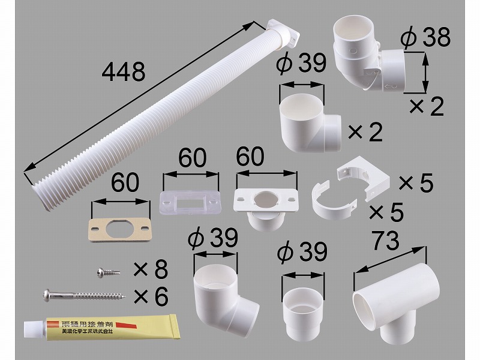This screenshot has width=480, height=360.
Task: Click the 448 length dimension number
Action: tap(124, 71)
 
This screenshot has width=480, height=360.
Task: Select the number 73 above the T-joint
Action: tap(386, 241)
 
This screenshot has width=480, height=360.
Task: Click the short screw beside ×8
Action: tap(109, 272)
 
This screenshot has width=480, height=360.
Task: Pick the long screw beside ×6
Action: tap(84, 295)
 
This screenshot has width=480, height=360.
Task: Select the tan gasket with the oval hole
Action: tap(121, 230)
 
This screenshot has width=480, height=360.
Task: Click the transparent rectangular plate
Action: tap(190, 202)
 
